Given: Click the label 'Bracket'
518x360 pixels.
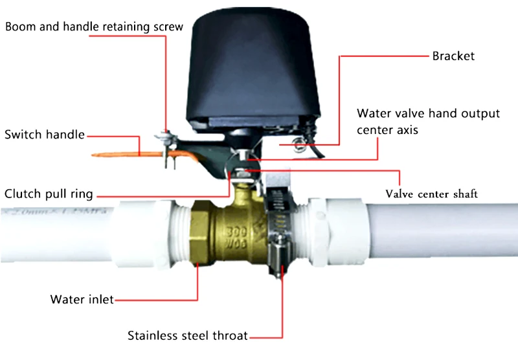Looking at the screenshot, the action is (453, 56).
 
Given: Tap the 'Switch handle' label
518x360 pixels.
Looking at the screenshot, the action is (45, 135).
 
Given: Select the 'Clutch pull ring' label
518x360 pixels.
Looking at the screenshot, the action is (49, 194).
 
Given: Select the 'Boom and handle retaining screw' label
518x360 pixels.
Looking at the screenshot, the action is (95, 27).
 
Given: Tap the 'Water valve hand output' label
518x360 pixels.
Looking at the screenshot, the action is (428, 113).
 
